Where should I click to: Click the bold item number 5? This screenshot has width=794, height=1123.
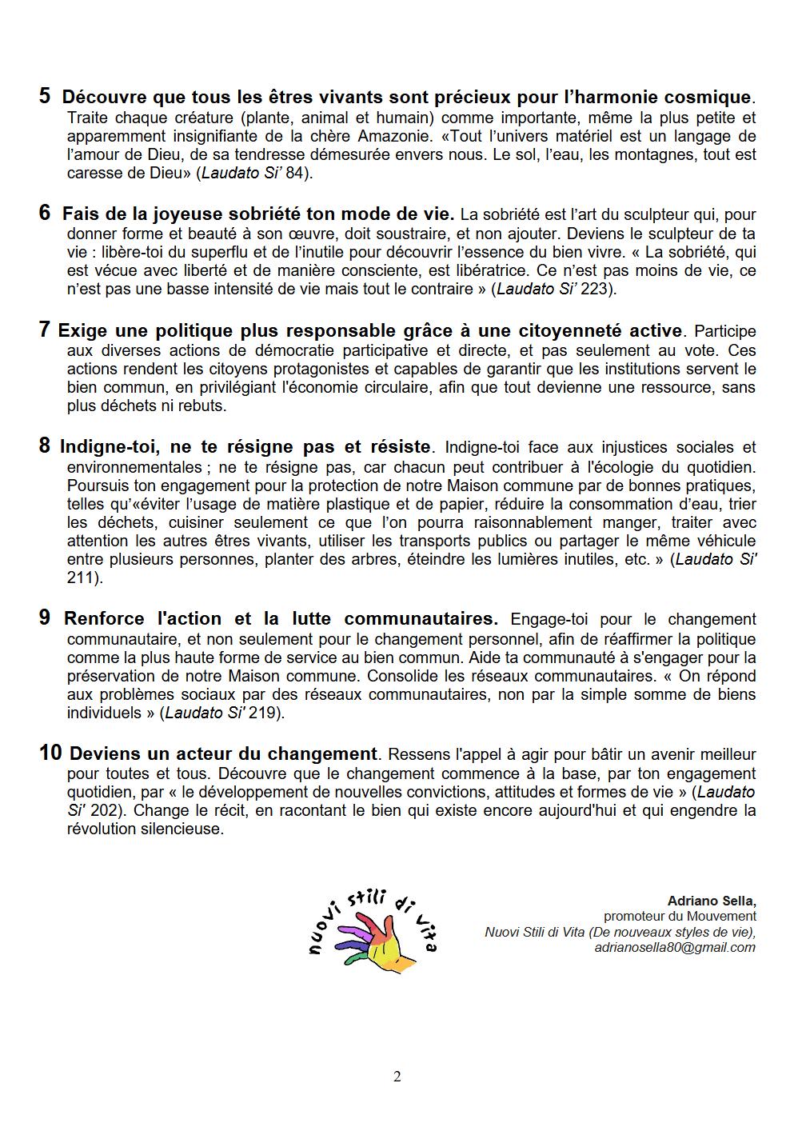pyautogui.click(x=45, y=96)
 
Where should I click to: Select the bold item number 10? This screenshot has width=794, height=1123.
pyautogui.click(x=50, y=753)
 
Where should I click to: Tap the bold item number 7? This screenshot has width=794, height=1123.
pyautogui.click(x=45, y=330)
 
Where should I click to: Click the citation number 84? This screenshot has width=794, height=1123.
pyautogui.click(x=293, y=173)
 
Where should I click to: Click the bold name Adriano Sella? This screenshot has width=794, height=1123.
pyautogui.click(x=711, y=901)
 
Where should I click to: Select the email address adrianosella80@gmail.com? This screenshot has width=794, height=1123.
pyautogui.click(x=675, y=947)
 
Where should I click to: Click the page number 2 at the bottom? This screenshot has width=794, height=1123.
pyautogui.click(x=397, y=1077)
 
